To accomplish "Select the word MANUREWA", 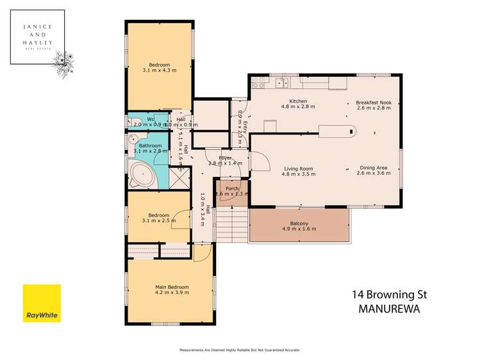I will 389,308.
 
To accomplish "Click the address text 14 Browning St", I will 389,295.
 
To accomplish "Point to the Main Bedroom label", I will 172,286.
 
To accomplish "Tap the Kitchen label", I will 298,101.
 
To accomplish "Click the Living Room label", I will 298,169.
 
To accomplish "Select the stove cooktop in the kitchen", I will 260,82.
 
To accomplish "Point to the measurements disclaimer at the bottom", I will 239,350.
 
